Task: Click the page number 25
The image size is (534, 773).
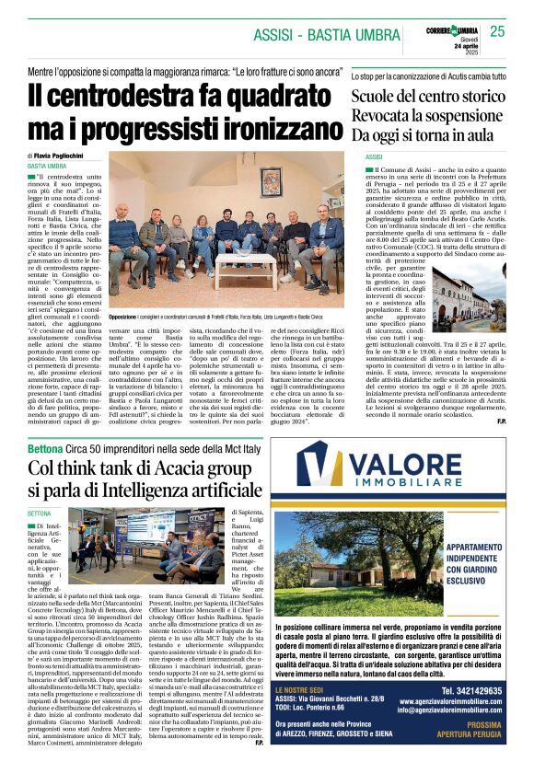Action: tap(498, 30)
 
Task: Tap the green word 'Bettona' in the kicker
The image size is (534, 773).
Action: tap(45, 447)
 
